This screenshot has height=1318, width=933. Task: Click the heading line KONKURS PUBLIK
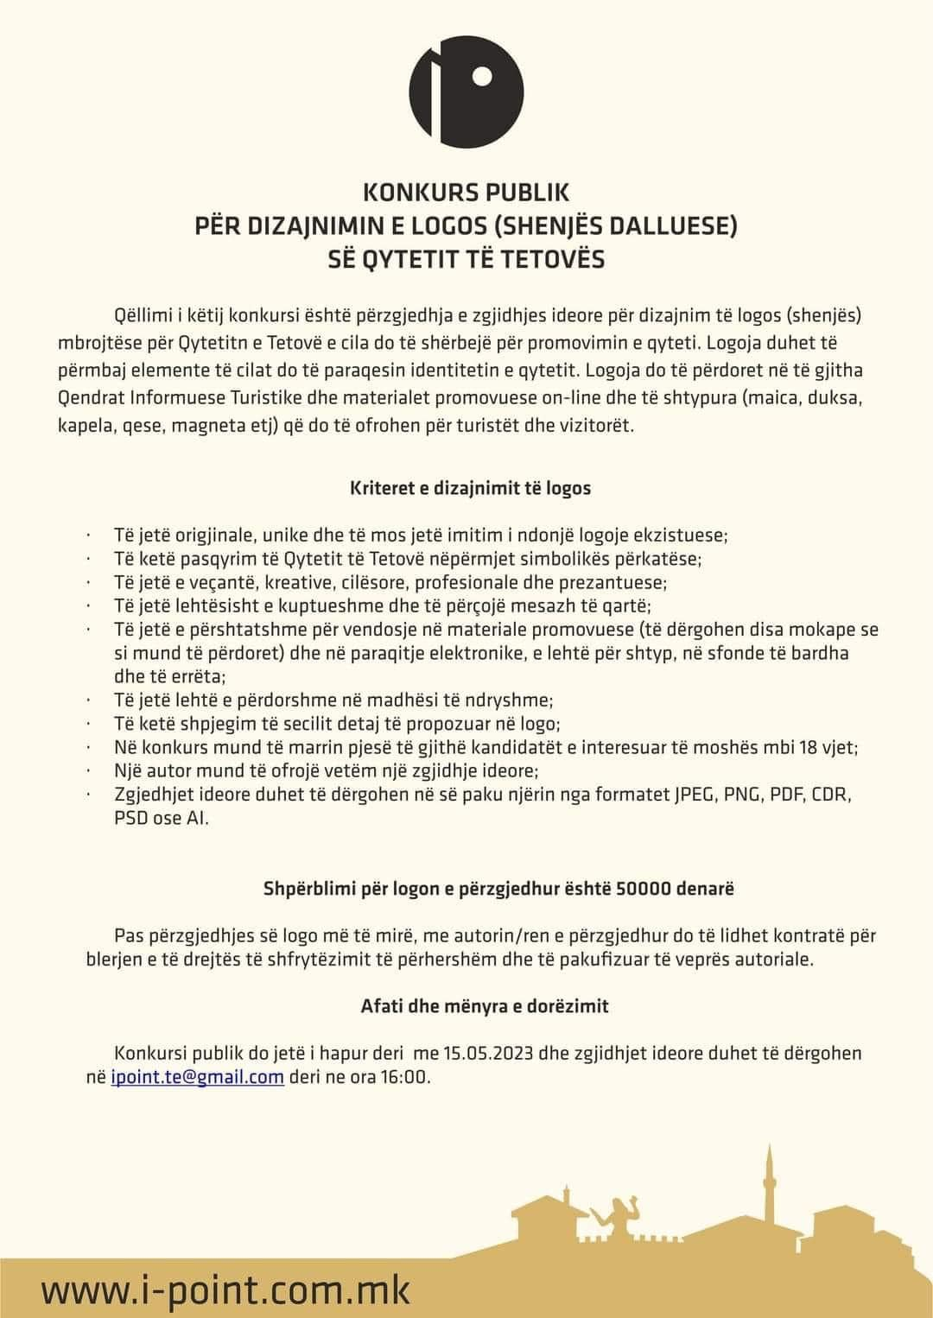tap(466, 192)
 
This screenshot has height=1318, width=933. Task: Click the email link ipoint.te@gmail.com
tap(198, 1077)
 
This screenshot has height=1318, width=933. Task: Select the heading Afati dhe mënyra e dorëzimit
tap(484, 1005)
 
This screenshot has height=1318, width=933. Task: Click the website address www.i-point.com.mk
tap(226, 1290)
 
